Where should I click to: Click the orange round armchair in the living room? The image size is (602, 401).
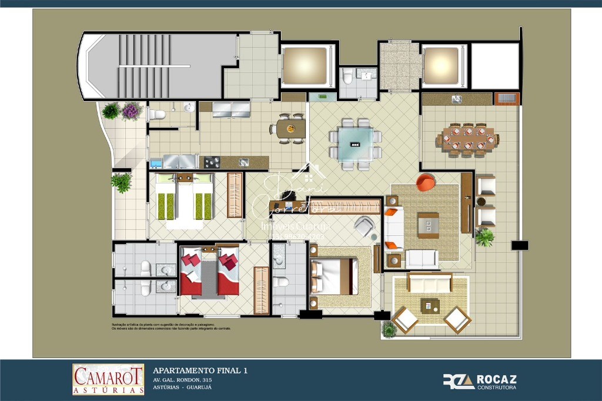pos(426,182)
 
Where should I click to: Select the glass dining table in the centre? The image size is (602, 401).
pos(355,144)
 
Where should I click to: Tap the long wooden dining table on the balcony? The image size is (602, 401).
pos(467,141)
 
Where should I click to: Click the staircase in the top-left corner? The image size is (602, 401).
pos(153,65)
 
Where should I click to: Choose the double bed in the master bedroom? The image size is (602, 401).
pos(333,276)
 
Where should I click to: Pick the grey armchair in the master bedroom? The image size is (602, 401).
pos(364,226)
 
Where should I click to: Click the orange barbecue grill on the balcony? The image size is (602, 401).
pos(506,98)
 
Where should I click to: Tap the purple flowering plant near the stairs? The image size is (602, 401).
pos(132,110)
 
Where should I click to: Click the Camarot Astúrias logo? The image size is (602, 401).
pos(108,379)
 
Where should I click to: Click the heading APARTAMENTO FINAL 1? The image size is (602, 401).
pos(200,370)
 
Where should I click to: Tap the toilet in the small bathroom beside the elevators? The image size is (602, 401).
pos(347,77)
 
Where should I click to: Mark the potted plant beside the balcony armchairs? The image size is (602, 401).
pos(484,237)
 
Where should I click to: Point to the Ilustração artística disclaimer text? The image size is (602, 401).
pos(171,326)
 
